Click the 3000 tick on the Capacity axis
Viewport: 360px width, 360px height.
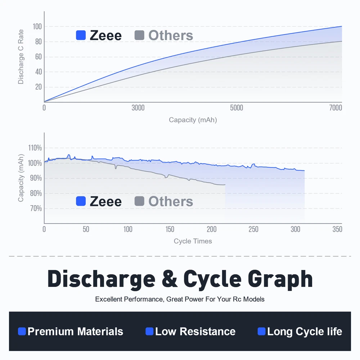pos(138,108)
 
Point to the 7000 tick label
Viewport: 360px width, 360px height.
pos(335,108)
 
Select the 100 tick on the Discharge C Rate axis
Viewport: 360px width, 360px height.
pos(37,27)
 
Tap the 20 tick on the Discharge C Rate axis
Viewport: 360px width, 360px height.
pos(38,87)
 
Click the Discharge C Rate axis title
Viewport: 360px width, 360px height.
pos(21,57)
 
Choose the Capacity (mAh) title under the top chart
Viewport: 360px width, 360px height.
pos(193,120)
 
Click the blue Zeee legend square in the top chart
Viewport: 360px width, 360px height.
pos(81,35)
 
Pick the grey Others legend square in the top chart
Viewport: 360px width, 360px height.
pos(139,35)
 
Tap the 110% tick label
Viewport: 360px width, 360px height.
pos(35,148)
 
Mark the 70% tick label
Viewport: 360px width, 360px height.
pos(36,208)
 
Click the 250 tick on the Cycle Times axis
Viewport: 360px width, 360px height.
pos(254,229)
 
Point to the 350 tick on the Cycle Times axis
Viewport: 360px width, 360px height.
pos(337,229)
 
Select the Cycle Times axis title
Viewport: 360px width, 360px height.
pos(193,241)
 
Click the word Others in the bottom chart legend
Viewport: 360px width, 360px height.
pos(171,202)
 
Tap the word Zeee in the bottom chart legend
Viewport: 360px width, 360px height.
pos(105,202)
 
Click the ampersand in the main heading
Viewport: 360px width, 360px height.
pos(169,279)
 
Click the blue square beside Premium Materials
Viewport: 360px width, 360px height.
pos(22,331)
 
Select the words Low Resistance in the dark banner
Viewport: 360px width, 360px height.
pos(195,332)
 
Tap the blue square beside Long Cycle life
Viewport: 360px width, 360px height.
pos(262,331)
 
